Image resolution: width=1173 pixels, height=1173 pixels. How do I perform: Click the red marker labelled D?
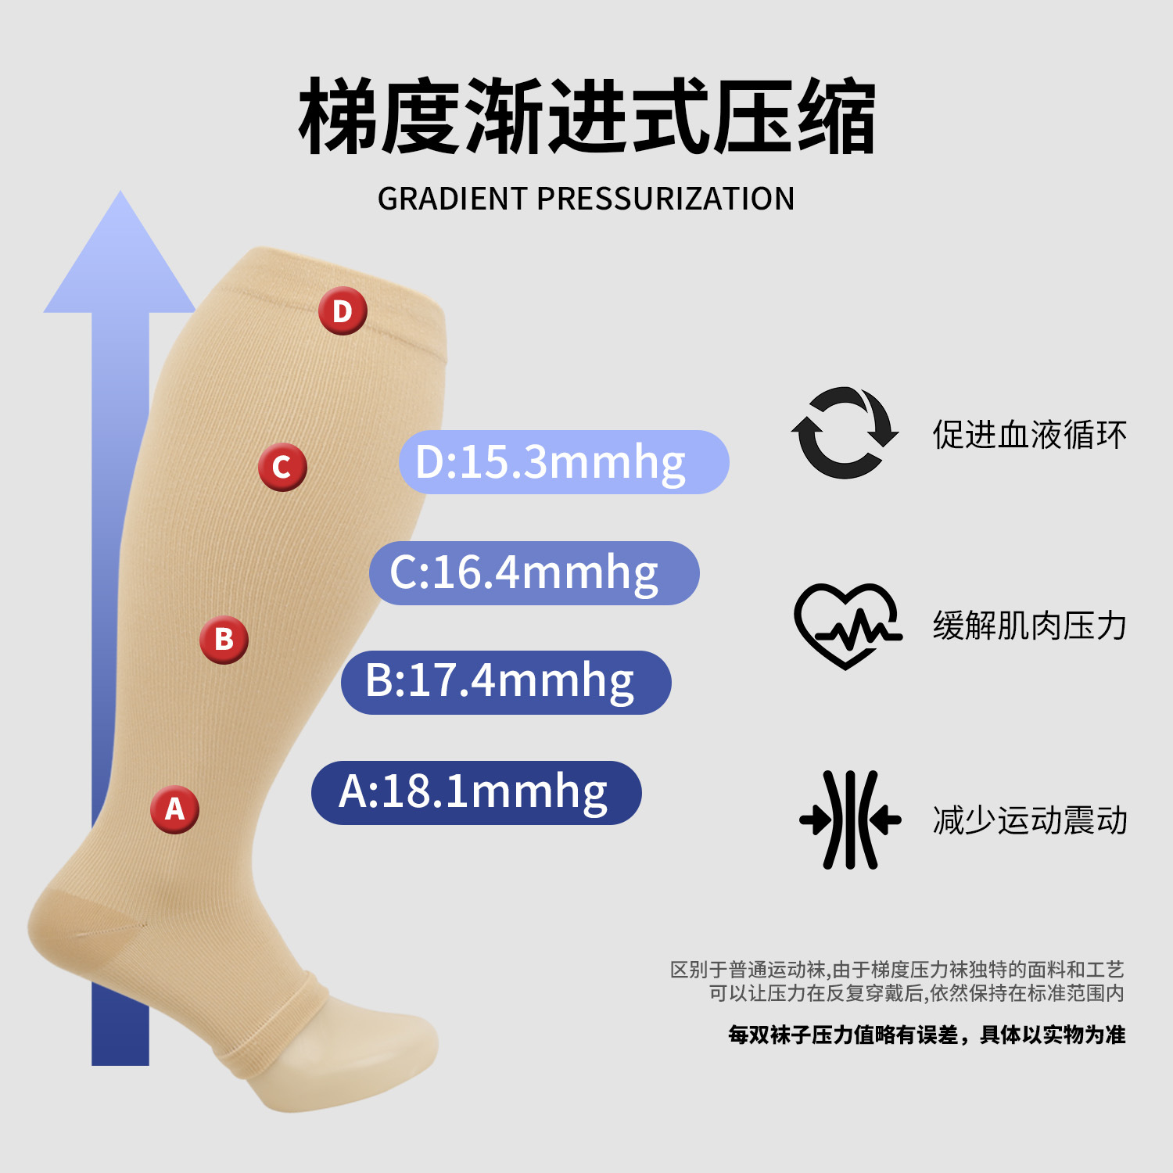(343, 311)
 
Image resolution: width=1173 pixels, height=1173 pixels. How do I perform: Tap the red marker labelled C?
(282, 467)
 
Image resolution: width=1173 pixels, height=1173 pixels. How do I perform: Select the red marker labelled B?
(224, 640)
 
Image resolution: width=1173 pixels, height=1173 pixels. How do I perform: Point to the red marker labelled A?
(174, 809)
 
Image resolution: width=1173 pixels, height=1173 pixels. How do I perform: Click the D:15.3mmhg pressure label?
(564, 462)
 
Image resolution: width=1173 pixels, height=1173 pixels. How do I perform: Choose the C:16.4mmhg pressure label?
(534, 573)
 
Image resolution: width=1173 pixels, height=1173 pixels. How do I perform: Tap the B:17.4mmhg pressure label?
(506, 682)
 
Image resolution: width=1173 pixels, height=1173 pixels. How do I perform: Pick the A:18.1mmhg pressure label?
(476, 793)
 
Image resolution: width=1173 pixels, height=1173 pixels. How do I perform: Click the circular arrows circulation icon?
(845, 433)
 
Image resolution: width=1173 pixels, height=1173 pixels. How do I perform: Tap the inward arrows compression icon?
(850, 820)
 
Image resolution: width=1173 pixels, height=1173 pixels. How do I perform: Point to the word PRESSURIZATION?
(665, 199)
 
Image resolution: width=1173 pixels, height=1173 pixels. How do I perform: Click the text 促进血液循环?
(1029, 435)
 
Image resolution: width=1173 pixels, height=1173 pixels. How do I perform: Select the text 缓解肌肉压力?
(1029, 626)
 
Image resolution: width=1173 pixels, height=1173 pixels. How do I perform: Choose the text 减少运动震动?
(1029, 820)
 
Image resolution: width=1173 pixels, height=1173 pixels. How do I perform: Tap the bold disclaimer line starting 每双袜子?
(927, 1035)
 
